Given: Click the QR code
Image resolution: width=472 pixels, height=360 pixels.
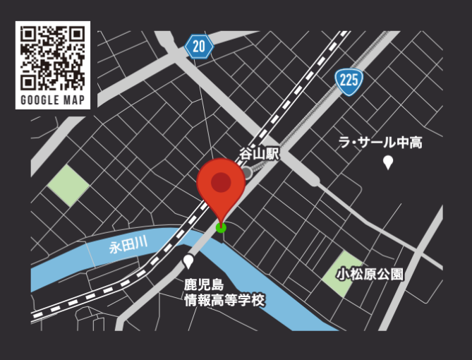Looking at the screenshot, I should pyautogui.click(x=53, y=57).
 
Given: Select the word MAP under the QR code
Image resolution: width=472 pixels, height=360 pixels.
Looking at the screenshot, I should pyautogui.click(x=74, y=100).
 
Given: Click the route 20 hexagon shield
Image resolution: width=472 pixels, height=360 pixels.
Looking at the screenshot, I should pyautogui.click(x=200, y=47).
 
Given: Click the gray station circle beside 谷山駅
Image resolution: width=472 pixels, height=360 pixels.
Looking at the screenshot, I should pyautogui.click(x=246, y=173).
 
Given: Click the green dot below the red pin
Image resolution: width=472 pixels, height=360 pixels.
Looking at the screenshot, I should pyautogui.click(x=221, y=227).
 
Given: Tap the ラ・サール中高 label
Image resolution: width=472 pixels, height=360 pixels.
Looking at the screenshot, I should pyautogui.click(x=380, y=143).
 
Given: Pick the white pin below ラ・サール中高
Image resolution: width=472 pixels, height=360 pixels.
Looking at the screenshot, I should pyautogui.click(x=387, y=163).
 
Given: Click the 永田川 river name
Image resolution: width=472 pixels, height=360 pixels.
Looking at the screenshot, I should pyautogui.click(x=128, y=246).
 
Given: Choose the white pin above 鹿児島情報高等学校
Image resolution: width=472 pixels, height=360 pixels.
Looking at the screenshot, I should pyautogui.click(x=188, y=262).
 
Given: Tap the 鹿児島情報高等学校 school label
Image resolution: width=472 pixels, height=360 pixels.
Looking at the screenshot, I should pyautogui.click(x=224, y=293).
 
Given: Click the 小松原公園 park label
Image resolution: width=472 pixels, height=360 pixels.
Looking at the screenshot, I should pyautogui.click(x=370, y=274).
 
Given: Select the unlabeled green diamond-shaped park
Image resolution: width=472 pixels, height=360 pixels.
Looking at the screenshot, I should pyautogui.click(x=68, y=186).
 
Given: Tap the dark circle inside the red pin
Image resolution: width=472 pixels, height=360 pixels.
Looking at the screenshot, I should pyautogui.click(x=221, y=181).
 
